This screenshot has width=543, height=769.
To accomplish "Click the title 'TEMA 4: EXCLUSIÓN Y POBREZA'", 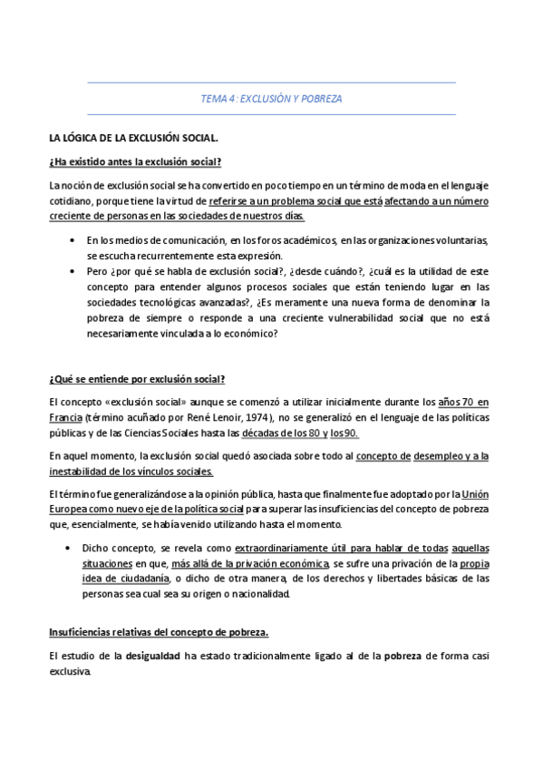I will click(x=271, y=98).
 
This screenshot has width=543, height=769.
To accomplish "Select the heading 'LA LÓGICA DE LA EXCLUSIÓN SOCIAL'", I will click(x=133, y=139).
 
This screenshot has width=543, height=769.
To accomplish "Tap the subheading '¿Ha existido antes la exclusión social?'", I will click(x=136, y=162).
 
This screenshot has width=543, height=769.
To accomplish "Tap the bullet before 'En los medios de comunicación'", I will click(x=72, y=239).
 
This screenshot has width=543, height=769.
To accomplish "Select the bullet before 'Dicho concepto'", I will click(x=72, y=548).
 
